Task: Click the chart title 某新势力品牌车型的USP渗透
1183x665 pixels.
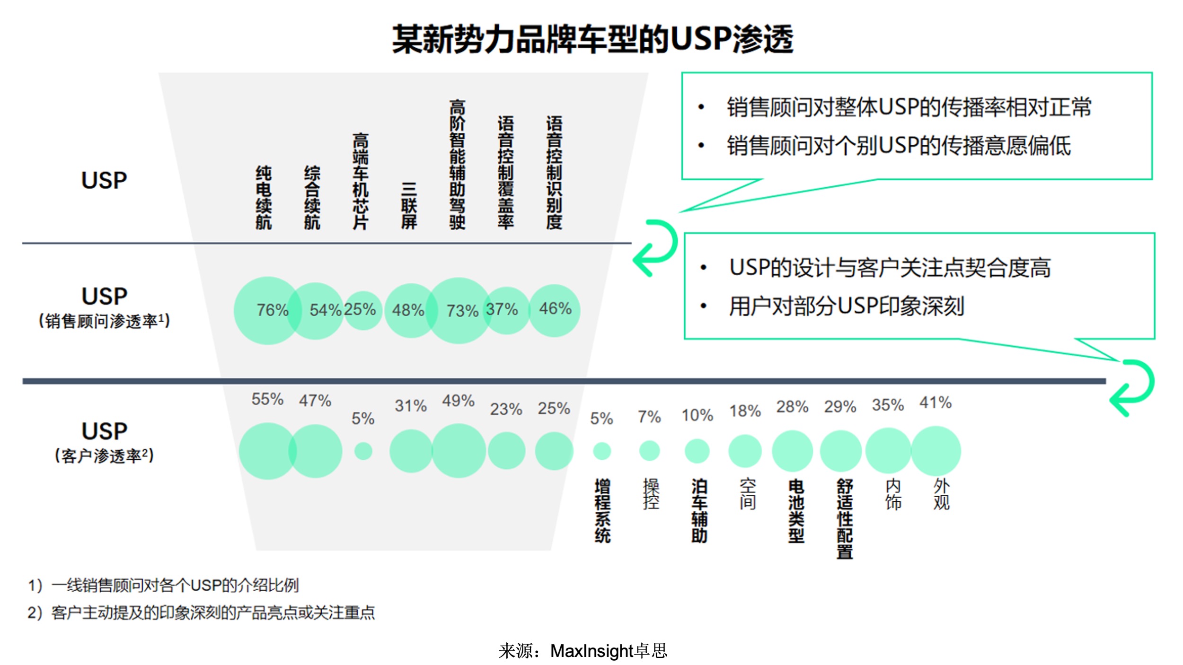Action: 592,39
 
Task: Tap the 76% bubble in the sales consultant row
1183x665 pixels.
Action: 268,310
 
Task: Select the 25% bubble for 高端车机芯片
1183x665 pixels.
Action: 362,310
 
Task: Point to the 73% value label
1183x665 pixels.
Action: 462,311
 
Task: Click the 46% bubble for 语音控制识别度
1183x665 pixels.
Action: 554,310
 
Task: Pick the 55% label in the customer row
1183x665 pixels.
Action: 267,399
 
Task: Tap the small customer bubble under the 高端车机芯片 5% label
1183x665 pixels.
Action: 363,451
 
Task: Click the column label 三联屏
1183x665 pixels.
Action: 409,206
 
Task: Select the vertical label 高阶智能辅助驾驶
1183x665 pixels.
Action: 457,164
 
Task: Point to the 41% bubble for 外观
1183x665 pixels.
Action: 936,451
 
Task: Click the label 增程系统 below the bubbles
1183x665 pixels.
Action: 602,510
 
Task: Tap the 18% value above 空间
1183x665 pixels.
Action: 745,411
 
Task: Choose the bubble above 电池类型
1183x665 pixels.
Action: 792,451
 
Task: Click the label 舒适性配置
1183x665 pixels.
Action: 844,518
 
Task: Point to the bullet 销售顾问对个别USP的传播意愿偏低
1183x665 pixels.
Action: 899,146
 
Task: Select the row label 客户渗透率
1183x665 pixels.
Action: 105,455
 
